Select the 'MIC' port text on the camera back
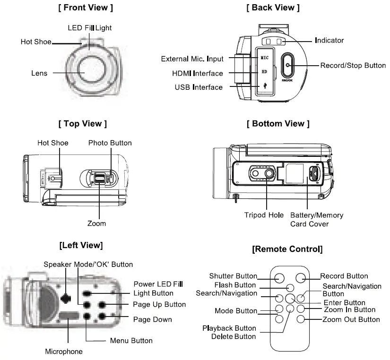pos(265,57)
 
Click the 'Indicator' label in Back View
pos(329,41)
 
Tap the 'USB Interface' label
pos(199,87)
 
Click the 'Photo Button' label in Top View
pos(110,143)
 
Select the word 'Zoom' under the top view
pos(96,223)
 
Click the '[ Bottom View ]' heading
pos(278,124)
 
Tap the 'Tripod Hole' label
pos(264,215)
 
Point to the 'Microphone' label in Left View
pos(64,351)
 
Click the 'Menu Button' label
pos(131,340)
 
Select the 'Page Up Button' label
pos(159,304)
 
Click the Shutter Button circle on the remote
pos(279,277)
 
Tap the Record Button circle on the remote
pos(302,277)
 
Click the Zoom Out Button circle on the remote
pos(301,320)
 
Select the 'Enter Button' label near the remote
pos(344,302)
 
